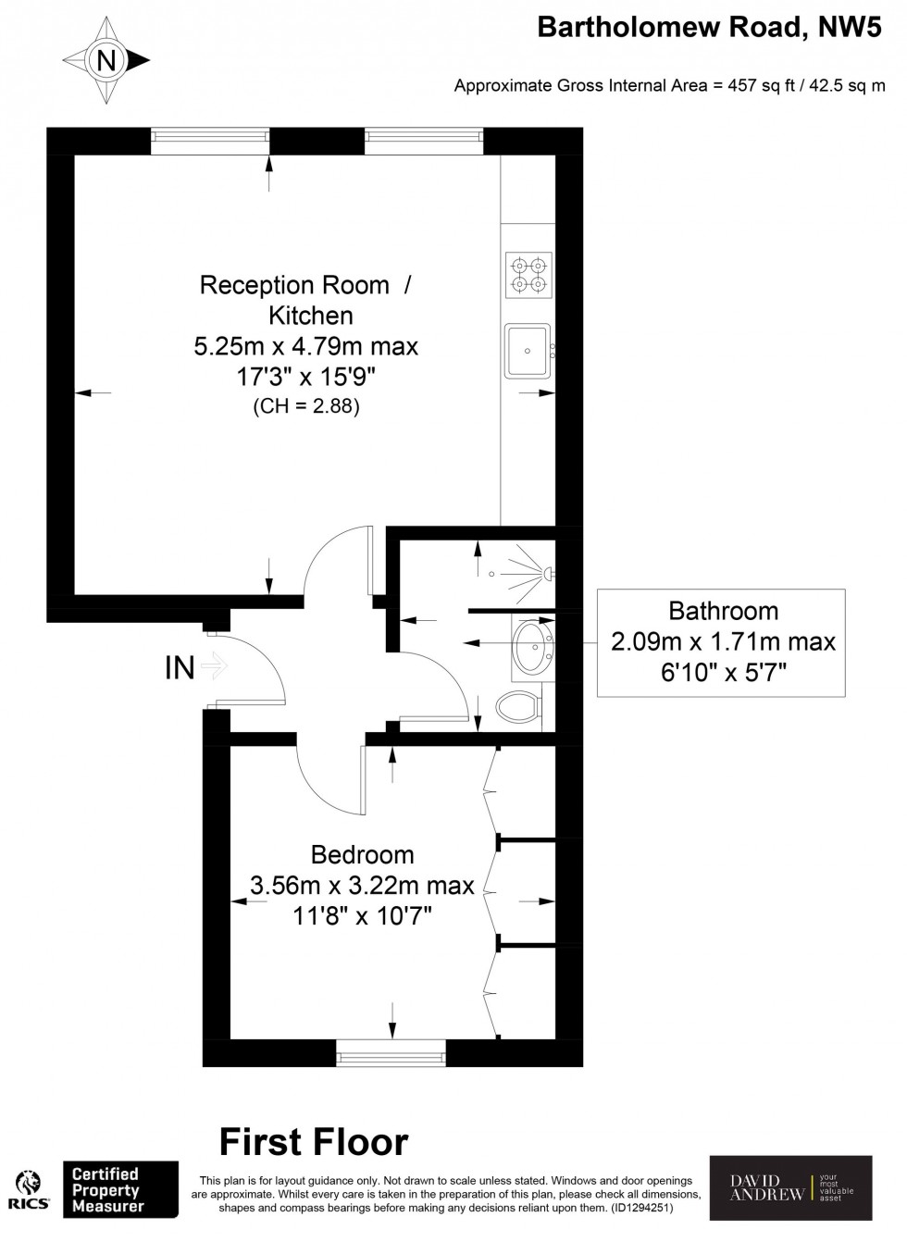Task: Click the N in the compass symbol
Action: (x=108, y=62)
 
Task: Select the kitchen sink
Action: (x=528, y=351)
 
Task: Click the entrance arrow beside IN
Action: (x=215, y=666)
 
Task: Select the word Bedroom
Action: (x=362, y=854)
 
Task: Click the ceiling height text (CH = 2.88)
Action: (x=305, y=406)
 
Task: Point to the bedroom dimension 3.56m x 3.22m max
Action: (x=362, y=886)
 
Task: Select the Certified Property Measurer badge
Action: (x=120, y=1191)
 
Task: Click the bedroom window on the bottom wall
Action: (x=391, y=1052)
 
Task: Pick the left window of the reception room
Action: (x=210, y=141)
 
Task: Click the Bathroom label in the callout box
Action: (x=723, y=611)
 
